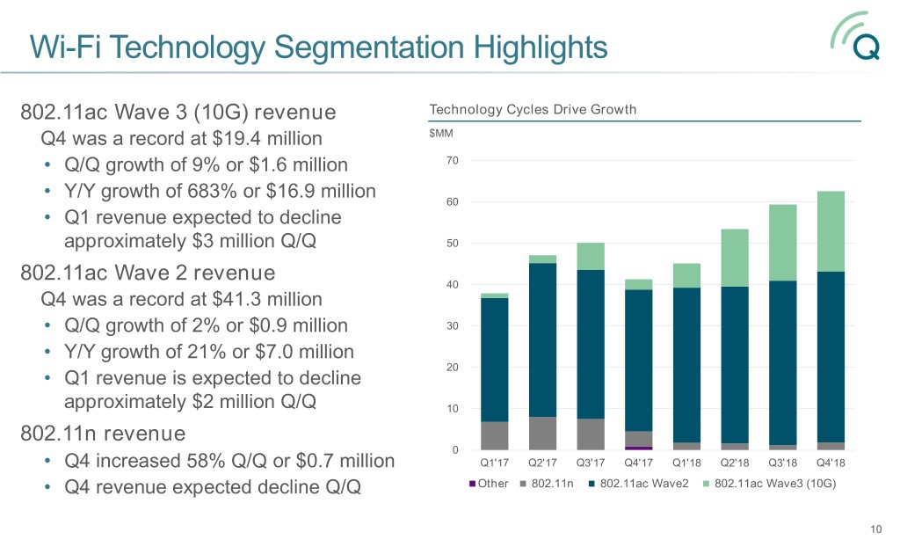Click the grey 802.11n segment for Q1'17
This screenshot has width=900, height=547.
[495, 435]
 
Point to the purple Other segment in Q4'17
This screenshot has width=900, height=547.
[639, 448]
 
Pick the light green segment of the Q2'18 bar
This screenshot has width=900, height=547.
[734, 258]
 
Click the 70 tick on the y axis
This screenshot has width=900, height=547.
[452, 161]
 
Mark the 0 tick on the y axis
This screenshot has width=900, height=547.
[454, 451]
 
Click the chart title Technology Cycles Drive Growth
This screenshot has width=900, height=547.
[532, 110]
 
